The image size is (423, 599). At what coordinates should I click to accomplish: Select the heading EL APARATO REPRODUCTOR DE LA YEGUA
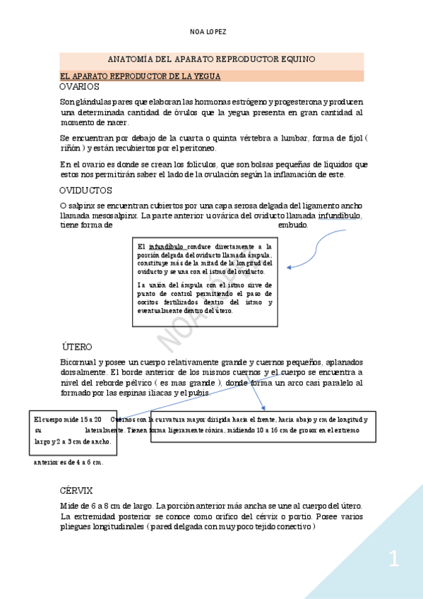click(x=141, y=75)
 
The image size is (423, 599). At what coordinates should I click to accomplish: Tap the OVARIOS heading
click(x=79, y=86)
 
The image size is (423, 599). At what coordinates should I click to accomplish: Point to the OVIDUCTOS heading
click(x=85, y=191)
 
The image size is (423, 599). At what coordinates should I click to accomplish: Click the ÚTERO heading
click(x=77, y=347)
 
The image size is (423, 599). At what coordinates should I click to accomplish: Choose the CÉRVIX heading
click(x=76, y=490)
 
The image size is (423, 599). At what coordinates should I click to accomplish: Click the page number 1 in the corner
click(x=394, y=560)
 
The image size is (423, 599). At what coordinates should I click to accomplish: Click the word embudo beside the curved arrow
click(x=293, y=225)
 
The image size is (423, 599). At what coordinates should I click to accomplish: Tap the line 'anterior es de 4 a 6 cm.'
click(x=68, y=463)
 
